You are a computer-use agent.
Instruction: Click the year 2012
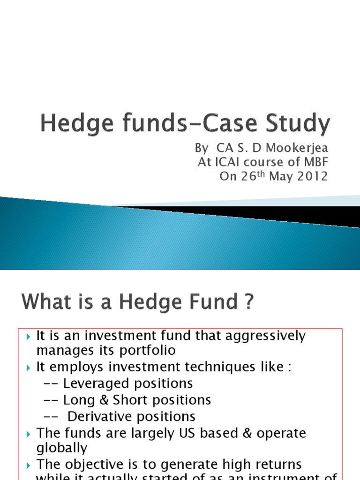313,177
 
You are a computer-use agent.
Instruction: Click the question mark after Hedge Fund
248,302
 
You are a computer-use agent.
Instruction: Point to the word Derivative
99,416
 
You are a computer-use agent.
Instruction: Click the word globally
62,448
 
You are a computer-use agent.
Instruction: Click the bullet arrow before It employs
29,367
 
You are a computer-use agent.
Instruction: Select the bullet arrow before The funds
29,433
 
